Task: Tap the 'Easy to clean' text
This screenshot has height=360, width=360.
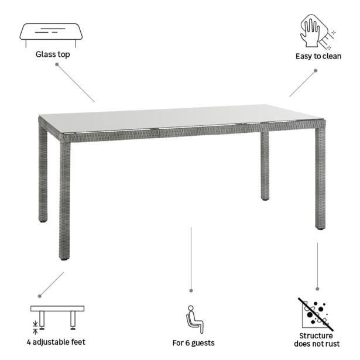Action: coord(318,56)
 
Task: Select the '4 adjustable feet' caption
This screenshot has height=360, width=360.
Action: coord(57,342)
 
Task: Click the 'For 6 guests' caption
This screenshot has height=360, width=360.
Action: coord(193,342)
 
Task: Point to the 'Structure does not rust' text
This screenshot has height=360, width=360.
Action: coord(317,340)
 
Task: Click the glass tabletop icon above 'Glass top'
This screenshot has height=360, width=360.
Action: coord(52,34)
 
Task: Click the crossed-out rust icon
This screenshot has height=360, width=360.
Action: coord(316,313)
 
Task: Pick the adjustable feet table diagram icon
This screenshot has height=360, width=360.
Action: coord(57,317)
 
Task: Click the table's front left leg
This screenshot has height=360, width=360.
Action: coord(64,199)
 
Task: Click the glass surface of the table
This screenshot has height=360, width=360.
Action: coord(176,117)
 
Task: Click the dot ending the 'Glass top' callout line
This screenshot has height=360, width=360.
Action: coord(57,64)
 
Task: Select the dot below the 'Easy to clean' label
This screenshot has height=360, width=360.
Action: coord(315,71)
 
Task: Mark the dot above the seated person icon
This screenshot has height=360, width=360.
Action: coord(191,290)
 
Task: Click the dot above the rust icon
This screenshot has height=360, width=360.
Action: coord(317,289)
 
